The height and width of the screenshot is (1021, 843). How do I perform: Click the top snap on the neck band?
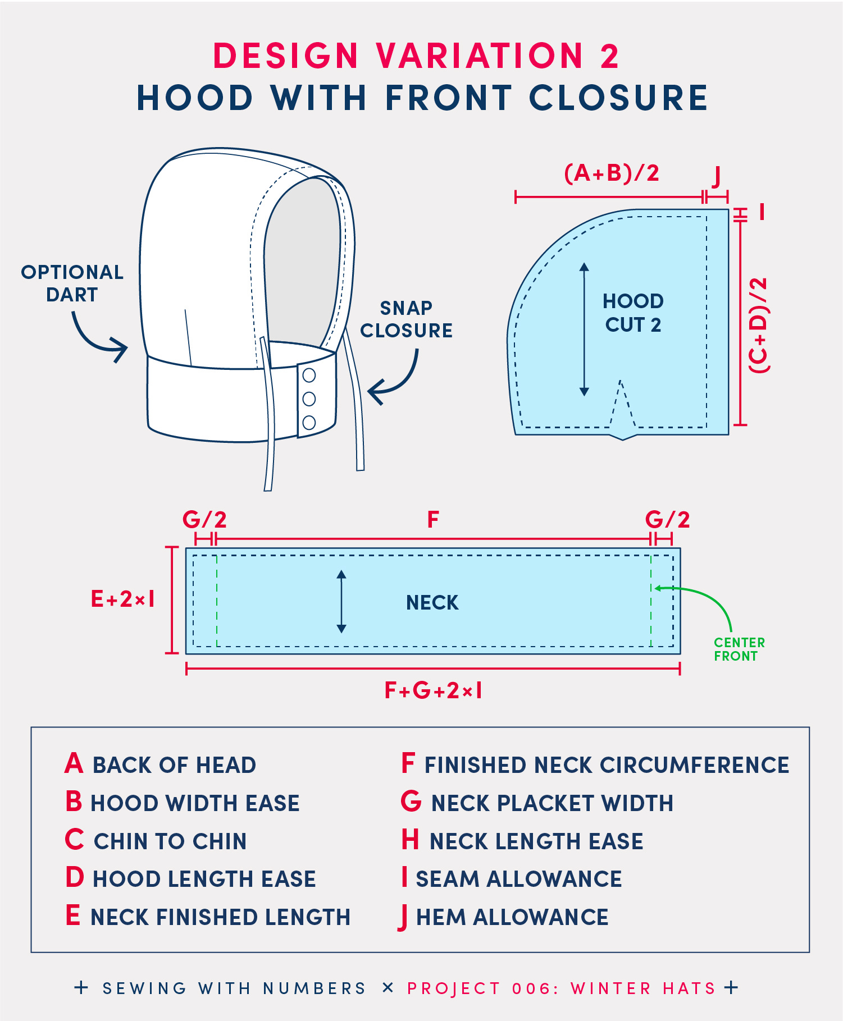click(x=309, y=374)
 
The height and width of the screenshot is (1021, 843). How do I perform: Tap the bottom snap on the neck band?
click(x=309, y=423)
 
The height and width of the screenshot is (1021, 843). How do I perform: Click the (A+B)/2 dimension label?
click(x=612, y=173)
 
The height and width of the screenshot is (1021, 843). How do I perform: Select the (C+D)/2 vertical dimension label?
click(x=758, y=325)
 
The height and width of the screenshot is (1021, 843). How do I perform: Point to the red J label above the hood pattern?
click(x=716, y=176)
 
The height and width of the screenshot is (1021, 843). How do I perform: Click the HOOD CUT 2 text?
click(x=633, y=313)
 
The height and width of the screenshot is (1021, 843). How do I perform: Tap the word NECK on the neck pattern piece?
click(x=432, y=602)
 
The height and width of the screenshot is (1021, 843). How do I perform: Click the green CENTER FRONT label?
click(x=739, y=649)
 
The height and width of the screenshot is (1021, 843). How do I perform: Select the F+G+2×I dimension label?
click(x=433, y=690)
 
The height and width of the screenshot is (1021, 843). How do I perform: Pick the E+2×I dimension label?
click(x=123, y=599)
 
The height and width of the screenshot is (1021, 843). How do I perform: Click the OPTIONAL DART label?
click(x=72, y=283)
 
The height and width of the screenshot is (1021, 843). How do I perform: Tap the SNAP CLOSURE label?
click(x=406, y=319)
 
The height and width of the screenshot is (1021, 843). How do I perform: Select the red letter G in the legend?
click(x=411, y=802)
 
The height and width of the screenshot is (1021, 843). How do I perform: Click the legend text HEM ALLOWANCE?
click(x=512, y=917)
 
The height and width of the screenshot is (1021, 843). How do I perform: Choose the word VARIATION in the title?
click(x=480, y=56)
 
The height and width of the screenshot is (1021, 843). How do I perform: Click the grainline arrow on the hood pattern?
click(x=584, y=329)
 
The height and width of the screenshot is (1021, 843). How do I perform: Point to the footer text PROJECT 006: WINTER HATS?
click(x=562, y=988)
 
